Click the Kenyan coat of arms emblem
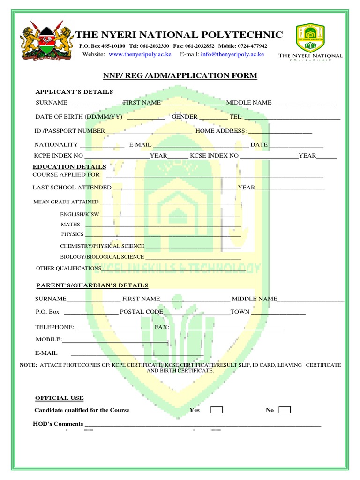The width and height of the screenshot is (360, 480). (x=45, y=41)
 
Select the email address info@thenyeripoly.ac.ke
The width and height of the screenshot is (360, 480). (x=232, y=54)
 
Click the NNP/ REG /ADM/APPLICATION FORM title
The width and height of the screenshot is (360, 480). (x=180, y=76)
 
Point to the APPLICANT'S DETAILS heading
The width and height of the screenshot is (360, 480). (x=75, y=92)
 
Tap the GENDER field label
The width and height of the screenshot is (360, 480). (x=184, y=117)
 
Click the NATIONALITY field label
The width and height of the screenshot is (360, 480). (x=56, y=145)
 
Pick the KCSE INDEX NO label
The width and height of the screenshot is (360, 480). (x=214, y=156)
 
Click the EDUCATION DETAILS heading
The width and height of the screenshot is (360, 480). (x=69, y=167)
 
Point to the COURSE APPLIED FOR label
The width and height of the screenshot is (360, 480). (x=66, y=175)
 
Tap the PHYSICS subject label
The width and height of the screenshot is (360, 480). (x=72, y=234)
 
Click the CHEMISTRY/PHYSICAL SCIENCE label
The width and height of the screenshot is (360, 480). (x=102, y=246)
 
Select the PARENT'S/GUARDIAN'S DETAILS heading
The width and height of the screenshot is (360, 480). (x=92, y=285)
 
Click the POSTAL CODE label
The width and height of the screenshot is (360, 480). (x=142, y=312)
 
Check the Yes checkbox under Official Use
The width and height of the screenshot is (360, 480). (x=216, y=410)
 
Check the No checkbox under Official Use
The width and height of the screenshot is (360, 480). (x=284, y=410)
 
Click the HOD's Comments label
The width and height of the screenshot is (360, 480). (x=58, y=424)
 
